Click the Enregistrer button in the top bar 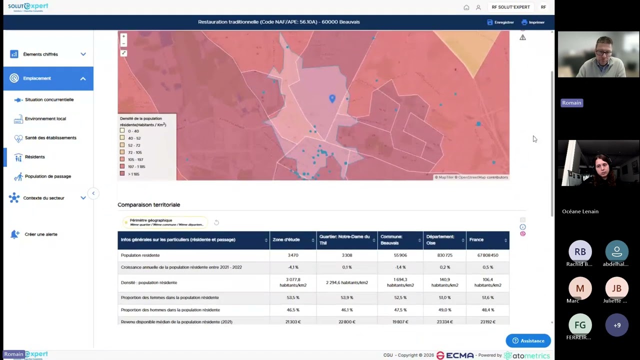pos(500,22)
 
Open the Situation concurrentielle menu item pos(49,99)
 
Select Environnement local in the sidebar pos(45,118)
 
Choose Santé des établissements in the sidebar pos(50,137)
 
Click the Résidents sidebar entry pos(34,157)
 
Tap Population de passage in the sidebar pos(47,176)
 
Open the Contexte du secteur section pos(43,198)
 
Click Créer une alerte pos(40,234)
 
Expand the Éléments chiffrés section pos(40,54)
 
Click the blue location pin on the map pos(332,98)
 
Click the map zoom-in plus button pos(123,36)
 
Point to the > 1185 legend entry pos(133,174)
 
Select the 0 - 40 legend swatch pos(122,131)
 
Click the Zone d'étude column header pos(286,240)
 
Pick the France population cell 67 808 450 pos(487,255)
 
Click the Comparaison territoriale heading pos(148,204)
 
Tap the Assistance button pos(528,341)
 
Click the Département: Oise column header pos(440,240)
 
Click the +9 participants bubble pos(617,325)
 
